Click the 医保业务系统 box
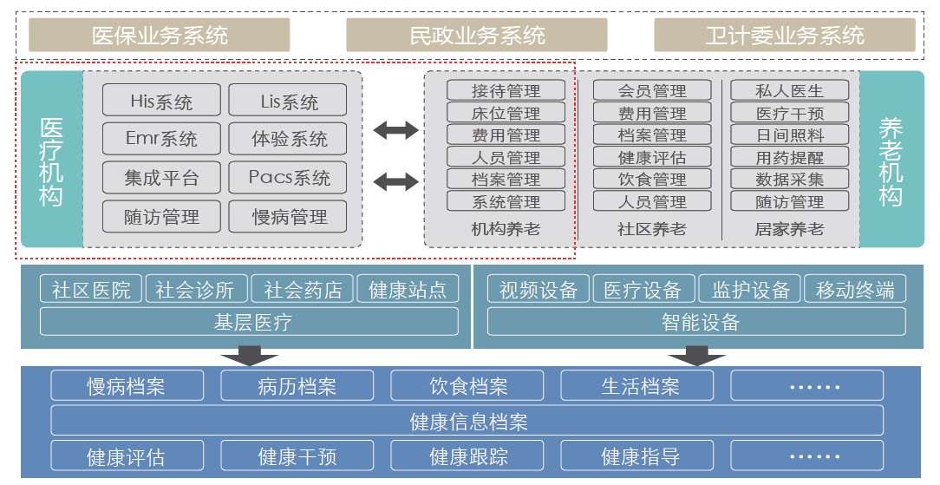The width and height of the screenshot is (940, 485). point(160,36)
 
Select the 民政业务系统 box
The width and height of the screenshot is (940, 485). point(477,36)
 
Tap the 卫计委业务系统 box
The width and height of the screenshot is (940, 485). point(784,36)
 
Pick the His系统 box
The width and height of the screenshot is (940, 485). point(161,101)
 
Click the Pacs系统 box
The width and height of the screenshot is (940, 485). point(289,178)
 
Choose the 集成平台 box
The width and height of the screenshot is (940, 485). point(161,178)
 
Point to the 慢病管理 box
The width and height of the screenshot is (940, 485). point(289,216)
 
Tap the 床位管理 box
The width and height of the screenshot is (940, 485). point(506,113)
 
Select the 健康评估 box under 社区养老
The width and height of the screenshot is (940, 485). point(651,157)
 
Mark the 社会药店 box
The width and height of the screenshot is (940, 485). point(303,290)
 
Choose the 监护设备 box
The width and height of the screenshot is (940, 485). point(750,290)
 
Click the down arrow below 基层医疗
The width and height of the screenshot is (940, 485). point(249,355)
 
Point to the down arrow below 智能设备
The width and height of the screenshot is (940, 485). point(697,355)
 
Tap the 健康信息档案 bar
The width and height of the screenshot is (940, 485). point(467,422)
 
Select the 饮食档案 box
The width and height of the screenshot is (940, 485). point(467,386)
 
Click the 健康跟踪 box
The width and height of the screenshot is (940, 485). point(467,456)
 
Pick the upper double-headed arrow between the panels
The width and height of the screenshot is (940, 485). point(395,131)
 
